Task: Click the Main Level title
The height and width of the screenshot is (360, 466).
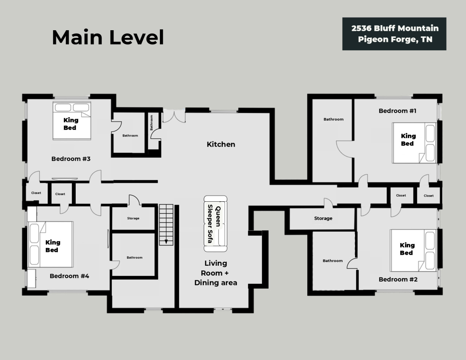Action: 108,37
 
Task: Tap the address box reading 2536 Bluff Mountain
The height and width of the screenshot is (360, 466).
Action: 394,34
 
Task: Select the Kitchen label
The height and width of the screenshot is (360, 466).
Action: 221,144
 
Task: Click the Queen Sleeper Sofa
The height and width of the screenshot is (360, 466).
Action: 215,223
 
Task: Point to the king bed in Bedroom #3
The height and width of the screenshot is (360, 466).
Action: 72,121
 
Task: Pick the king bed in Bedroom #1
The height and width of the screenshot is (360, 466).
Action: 414,143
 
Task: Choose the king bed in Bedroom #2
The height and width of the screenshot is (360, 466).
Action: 413,250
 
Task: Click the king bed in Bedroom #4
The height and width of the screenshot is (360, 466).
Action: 51,245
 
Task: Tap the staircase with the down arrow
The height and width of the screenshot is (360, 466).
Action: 166,225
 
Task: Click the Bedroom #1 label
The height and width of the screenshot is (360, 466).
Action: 398,111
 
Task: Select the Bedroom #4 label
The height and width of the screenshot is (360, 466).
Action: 69,276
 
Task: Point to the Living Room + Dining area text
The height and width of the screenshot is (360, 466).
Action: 216,273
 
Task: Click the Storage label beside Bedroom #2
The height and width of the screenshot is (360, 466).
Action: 323,218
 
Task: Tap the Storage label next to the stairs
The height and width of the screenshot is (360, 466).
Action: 133,218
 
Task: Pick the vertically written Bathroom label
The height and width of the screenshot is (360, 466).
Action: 151,123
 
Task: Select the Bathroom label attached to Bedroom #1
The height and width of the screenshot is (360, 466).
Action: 333,119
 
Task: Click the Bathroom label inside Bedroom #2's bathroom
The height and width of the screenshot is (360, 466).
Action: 333,261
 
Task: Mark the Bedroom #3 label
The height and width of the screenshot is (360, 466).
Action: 71,159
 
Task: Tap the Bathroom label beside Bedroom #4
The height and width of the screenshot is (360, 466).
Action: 134,257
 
